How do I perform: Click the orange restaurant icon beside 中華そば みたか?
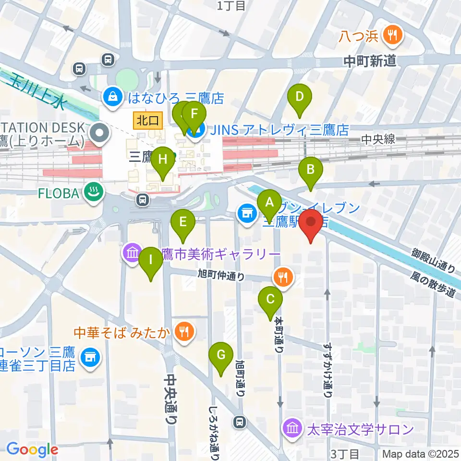pos(183,330)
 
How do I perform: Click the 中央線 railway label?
pos(378,139)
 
